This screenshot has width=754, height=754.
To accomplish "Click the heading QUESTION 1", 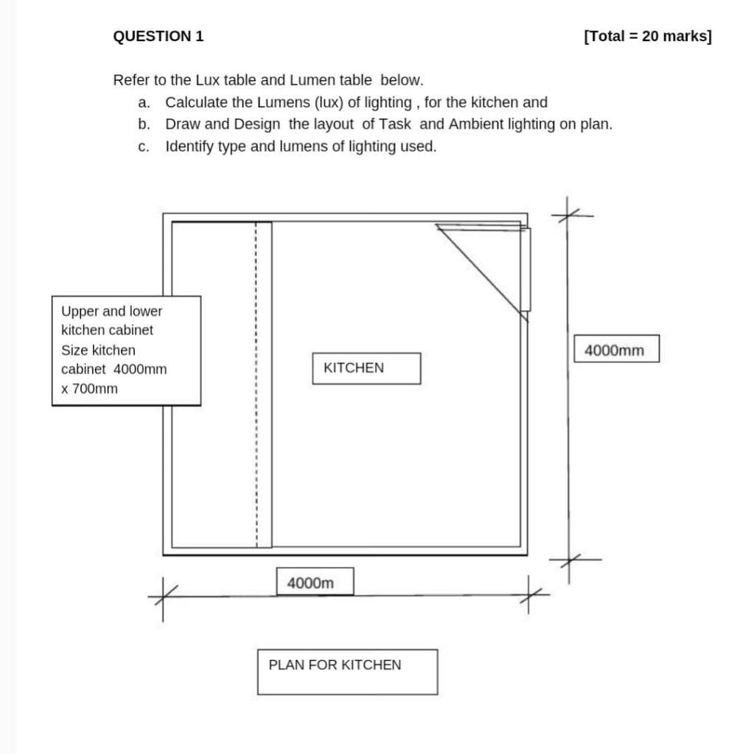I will click(158, 36).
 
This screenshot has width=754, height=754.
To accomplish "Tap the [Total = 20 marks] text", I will click(648, 36).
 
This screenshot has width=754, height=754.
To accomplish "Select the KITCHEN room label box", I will click(366, 368).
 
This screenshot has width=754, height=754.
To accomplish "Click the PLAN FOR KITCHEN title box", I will click(347, 671).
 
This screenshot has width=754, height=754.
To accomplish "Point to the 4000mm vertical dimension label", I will click(615, 350).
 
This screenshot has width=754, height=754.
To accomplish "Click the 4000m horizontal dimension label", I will click(315, 582).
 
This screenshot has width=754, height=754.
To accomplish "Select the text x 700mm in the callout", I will click(89, 389).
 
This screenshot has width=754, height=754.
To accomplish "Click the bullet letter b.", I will click(144, 124).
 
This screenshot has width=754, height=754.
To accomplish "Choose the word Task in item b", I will click(395, 124).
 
